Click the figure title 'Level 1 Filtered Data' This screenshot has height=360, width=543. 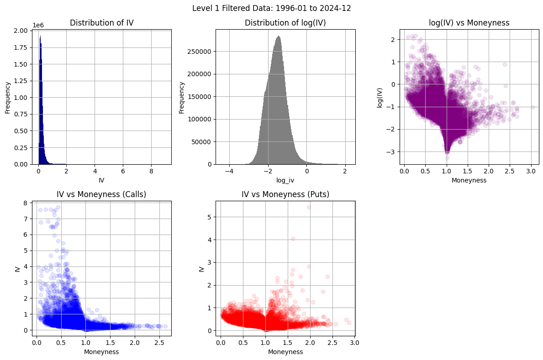tap(271, 8)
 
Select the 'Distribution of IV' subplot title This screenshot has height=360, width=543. tap(101, 23)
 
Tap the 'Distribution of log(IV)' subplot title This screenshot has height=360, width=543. tap(285, 23)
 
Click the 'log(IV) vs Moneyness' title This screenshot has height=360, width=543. tap(469, 23)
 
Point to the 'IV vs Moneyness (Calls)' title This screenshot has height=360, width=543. tap(101, 194)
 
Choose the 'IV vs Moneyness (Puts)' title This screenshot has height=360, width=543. tap(285, 194)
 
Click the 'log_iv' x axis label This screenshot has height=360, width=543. tap(285, 181)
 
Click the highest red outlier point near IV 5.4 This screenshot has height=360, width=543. tap(309, 207)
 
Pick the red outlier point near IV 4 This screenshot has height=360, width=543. tap(293, 239)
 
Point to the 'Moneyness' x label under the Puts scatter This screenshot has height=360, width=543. tap(285, 352)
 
